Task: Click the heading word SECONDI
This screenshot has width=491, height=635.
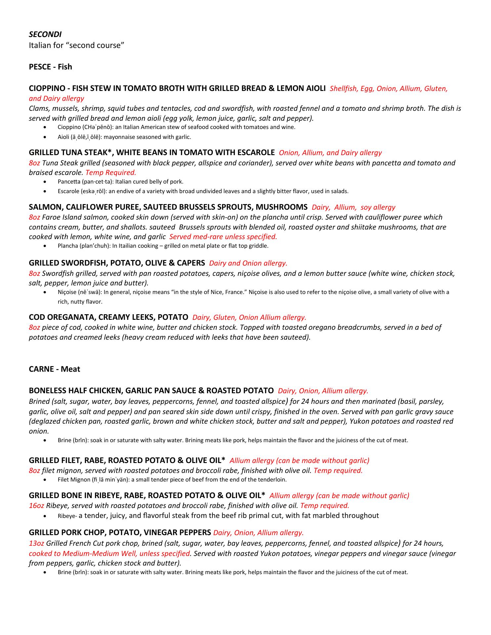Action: (x=45, y=34)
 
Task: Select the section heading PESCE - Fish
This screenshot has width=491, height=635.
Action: (x=50, y=67)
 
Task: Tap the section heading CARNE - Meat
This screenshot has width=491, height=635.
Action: (x=54, y=369)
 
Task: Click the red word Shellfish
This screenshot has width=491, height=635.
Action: (x=344, y=89)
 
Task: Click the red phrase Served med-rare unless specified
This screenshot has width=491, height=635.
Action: (x=223, y=237)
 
